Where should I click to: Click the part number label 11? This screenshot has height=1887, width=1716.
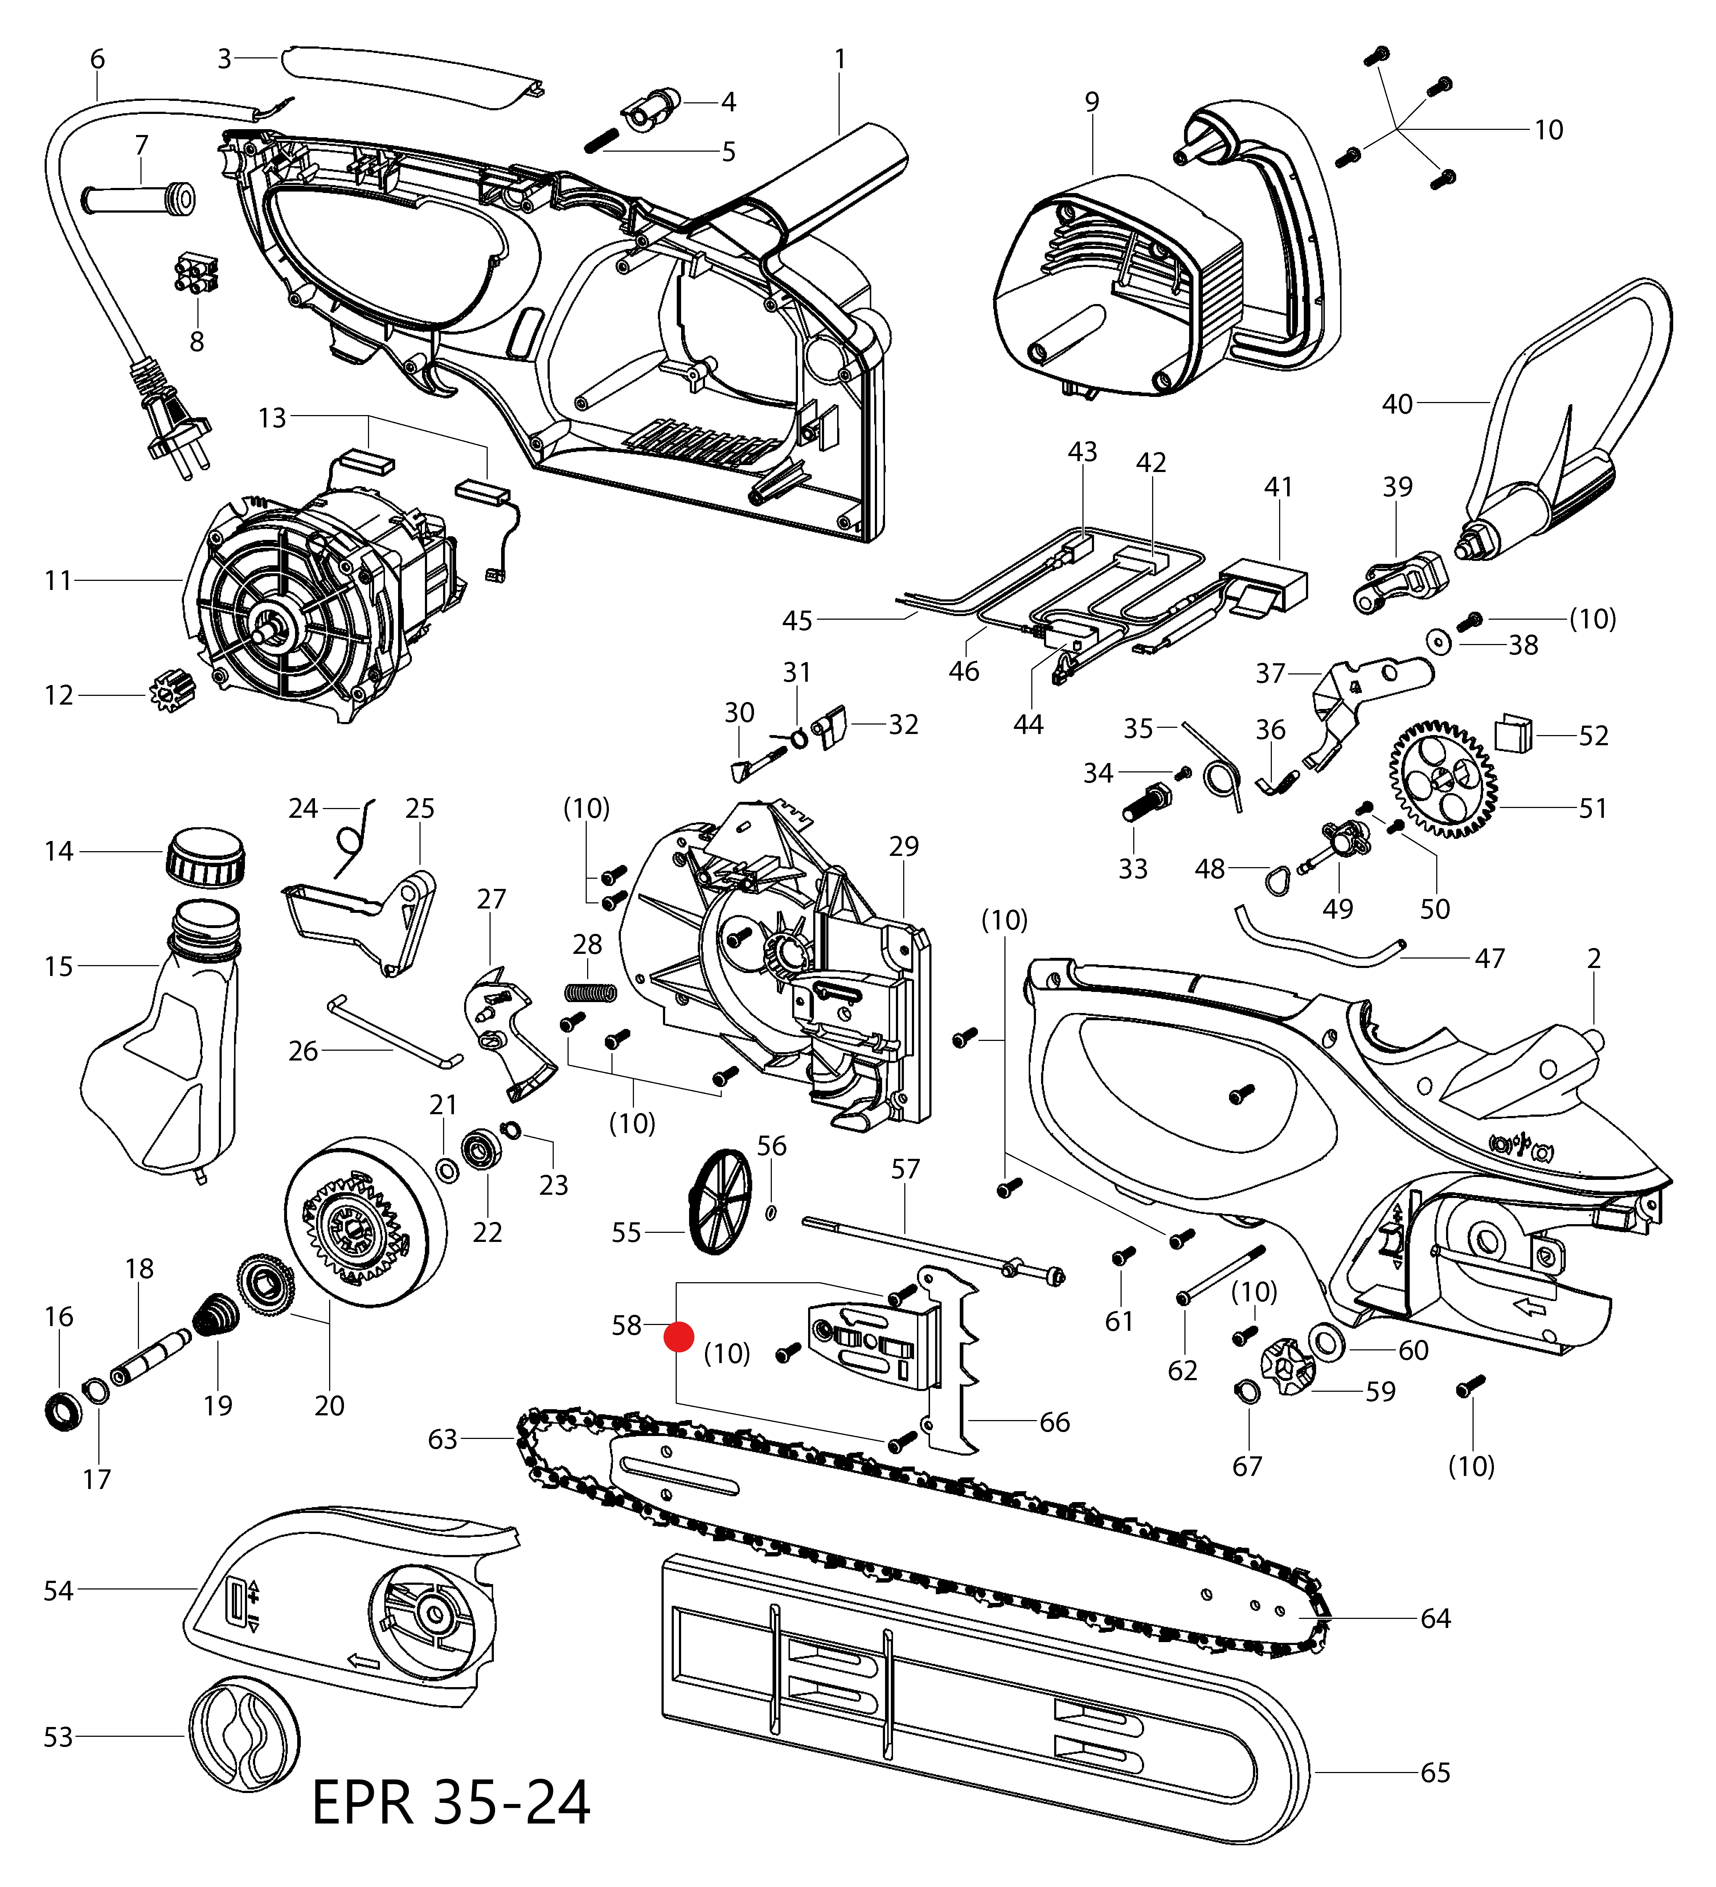(58, 581)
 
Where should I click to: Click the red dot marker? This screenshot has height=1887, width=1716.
(679, 1337)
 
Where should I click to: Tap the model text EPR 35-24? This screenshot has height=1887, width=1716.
(451, 1802)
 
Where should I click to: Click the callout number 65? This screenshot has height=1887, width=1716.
(1435, 1772)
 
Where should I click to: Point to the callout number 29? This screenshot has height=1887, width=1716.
(904, 846)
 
